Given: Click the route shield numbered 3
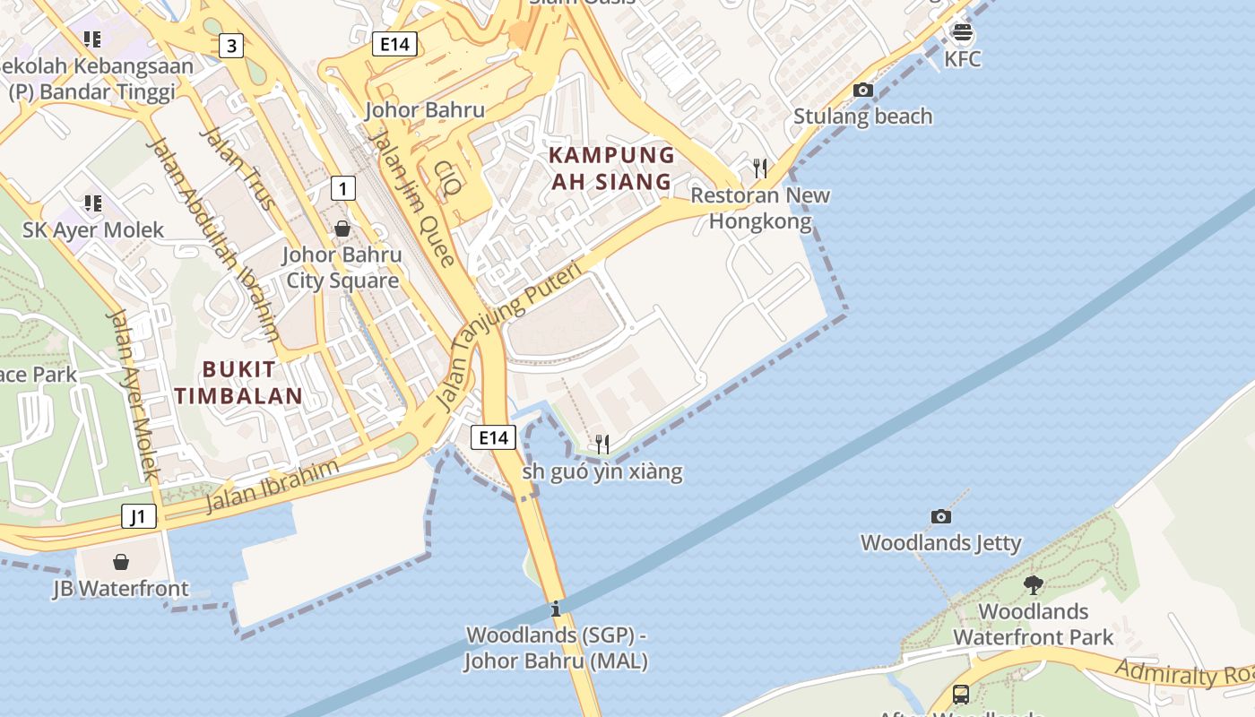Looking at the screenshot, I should (231, 46).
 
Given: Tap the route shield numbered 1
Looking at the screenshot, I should (342, 188).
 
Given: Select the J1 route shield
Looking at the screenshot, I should (138, 516).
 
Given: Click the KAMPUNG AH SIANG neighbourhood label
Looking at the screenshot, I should (611, 168).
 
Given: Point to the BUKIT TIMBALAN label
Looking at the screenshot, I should (238, 382).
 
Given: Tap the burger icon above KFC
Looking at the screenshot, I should (963, 33).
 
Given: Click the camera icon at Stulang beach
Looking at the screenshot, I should (863, 90).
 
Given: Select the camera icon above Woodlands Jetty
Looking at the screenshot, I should (940, 516).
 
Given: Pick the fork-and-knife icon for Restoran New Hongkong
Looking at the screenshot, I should (760, 168).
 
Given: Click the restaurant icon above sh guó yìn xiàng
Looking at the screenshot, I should (602, 444).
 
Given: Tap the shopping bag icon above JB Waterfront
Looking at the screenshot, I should (121, 562).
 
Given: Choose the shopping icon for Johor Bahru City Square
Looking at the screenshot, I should (342, 229).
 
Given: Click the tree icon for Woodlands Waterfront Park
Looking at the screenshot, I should (1033, 585).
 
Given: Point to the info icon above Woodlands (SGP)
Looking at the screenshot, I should (556, 609).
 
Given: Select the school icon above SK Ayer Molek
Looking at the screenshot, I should (93, 203).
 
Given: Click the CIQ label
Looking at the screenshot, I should (447, 177).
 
